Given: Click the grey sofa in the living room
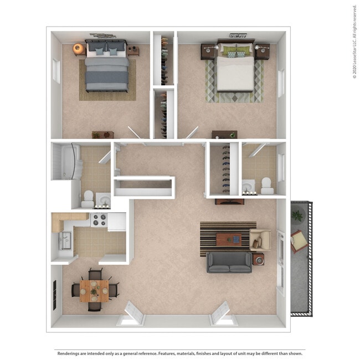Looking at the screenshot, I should pyautogui.click(x=229, y=261).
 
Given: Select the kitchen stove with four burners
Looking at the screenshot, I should pyautogui.click(x=99, y=220).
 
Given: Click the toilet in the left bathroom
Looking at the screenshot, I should pyautogui.click(x=88, y=198).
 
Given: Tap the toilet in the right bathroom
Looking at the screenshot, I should pyautogui.click(x=266, y=185).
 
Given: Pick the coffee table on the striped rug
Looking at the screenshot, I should pyautogui.click(x=228, y=239).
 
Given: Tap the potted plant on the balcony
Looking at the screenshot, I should pyautogui.click(x=297, y=215).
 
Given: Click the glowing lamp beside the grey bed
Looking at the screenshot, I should pyautogui.click(x=79, y=49).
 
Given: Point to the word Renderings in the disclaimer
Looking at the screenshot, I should pyautogui.click(x=70, y=353).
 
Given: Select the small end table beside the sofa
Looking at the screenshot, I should pyautogui.click(x=259, y=259).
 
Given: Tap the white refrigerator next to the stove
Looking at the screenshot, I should pyautogui.click(x=117, y=221).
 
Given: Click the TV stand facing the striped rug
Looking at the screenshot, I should pyautogui.click(x=229, y=201).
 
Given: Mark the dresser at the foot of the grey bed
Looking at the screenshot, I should pyautogui.click(x=103, y=135).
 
